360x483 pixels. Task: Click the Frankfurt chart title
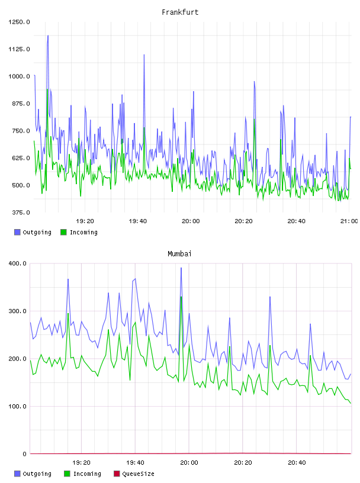[180, 12]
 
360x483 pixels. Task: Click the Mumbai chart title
[179, 254]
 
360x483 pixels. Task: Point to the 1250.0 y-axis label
[19, 22]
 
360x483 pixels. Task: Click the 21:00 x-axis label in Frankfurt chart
[349, 221]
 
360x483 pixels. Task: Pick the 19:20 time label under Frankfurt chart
[85, 221]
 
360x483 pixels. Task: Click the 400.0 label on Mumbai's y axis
[18, 263]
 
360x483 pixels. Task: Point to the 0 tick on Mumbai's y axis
[25, 454]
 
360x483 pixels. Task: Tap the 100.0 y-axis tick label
[18, 406]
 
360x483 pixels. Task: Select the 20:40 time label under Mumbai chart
[297, 463]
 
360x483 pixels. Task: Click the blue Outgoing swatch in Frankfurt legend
[17, 232]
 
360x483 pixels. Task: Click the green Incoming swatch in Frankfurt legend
[63, 232]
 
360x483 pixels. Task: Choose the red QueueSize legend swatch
[117, 474]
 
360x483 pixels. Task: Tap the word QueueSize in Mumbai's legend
[138, 474]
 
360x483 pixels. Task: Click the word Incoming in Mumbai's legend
[87, 474]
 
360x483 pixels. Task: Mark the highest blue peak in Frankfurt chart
[48, 36]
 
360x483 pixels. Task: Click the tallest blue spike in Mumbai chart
[181, 268]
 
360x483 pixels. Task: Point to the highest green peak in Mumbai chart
[181, 297]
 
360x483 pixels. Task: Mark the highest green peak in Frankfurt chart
[47, 89]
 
